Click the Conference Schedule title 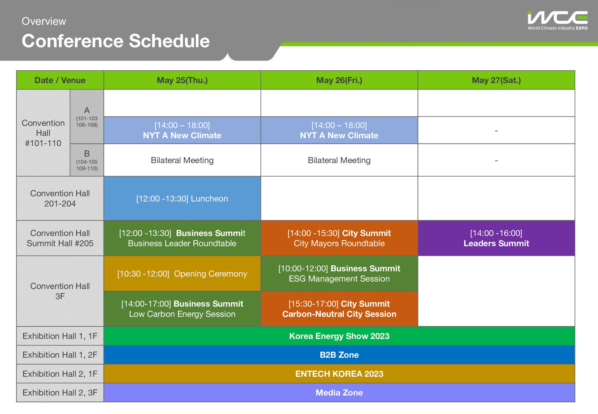[x=116, y=41]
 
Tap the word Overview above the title [x=44, y=21]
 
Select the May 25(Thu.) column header [x=182, y=80]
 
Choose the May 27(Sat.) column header [x=496, y=80]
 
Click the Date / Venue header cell [x=60, y=80]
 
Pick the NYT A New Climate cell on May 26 [x=339, y=130]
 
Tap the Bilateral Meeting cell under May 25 [x=182, y=160]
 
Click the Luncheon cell [x=182, y=198]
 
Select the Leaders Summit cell [x=496, y=238]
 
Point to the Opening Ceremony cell [x=182, y=274]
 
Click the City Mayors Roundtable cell [x=339, y=238]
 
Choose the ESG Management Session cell [x=339, y=274]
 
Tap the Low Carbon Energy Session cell [x=182, y=309]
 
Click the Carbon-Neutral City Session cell [x=339, y=309]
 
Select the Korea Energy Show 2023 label [x=339, y=336]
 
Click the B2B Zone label [x=339, y=355]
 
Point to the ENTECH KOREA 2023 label [x=339, y=374]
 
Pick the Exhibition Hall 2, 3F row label [x=60, y=392]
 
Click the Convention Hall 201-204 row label [x=60, y=198]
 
